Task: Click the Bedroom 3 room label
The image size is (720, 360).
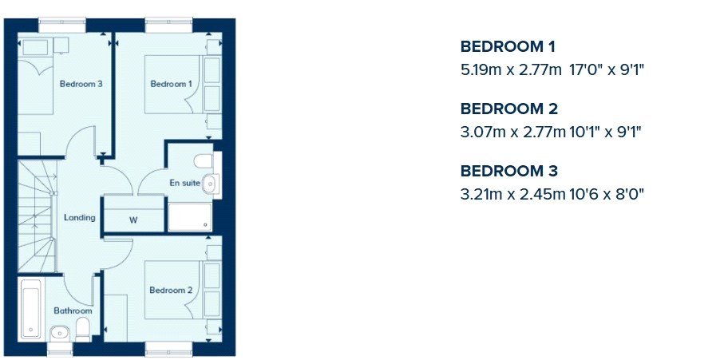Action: (x=81, y=84)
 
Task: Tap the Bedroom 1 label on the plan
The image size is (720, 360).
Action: (x=172, y=84)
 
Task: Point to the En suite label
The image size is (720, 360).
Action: (x=185, y=183)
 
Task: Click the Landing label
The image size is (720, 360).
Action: (x=80, y=218)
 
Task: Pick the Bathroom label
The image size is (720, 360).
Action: (x=73, y=311)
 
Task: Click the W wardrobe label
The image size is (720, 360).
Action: (x=133, y=220)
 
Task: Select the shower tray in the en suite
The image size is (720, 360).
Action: (x=190, y=217)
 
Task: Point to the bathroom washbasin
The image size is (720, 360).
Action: (x=60, y=332)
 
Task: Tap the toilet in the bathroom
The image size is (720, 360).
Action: (x=83, y=330)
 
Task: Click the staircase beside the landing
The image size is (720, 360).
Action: (x=38, y=216)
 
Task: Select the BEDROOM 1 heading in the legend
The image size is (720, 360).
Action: (x=508, y=47)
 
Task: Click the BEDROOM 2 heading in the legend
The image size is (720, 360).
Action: (x=509, y=109)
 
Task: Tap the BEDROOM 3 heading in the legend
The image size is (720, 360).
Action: (x=509, y=172)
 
